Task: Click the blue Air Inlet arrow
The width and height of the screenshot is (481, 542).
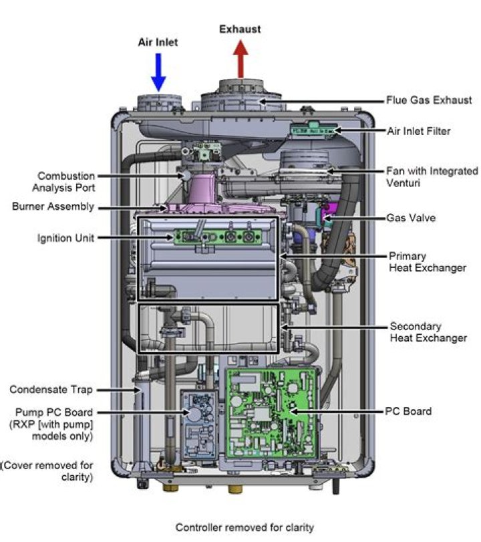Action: pyautogui.click(x=158, y=72)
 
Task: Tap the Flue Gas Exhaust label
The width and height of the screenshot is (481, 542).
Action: pyautogui.click(x=429, y=100)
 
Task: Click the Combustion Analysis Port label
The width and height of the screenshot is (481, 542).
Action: pyautogui.click(x=65, y=182)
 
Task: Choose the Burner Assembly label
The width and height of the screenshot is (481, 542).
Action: pyautogui.click(x=53, y=207)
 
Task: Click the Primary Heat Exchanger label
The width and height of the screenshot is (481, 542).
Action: pyautogui.click(x=428, y=262)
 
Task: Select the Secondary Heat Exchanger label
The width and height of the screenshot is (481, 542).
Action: pyautogui.click(x=428, y=332)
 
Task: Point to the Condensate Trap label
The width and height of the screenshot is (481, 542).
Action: pyautogui.click(x=51, y=389)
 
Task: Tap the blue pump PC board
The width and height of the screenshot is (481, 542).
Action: pyautogui.click(x=198, y=425)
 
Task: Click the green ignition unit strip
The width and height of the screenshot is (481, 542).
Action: pyautogui.click(x=214, y=236)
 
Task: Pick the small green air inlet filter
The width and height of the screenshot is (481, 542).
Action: pyautogui.click(x=314, y=130)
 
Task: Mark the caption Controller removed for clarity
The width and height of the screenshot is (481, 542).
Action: pyautogui.click(x=245, y=527)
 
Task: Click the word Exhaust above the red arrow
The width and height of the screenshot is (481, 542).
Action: pyautogui.click(x=241, y=29)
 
